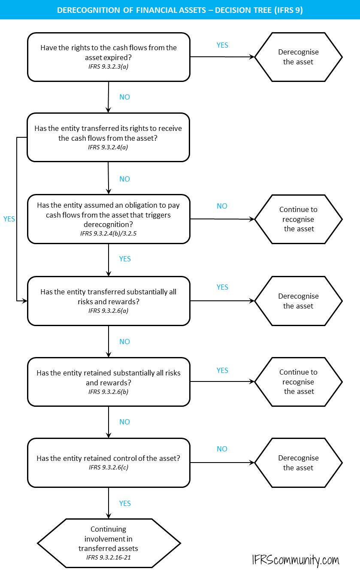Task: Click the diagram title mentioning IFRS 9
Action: pyautogui.click(x=180, y=10)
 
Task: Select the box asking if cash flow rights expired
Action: pyautogui.click(x=109, y=57)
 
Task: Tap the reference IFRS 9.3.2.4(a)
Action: pyautogui.click(x=108, y=147)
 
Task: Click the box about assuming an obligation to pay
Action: pyautogui.click(x=109, y=219)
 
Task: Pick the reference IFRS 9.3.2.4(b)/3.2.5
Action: pyautogui.click(x=108, y=234)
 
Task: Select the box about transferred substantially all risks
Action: pyautogui.click(x=109, y=300)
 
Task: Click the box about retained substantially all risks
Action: pyautogui.click(x=109, y=381)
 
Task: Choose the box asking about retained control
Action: pyautogui.click(x=109, y=462)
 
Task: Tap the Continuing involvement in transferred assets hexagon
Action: pyautogui.click(x=109, y=543)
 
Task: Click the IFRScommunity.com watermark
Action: pyautogui.click(x=296, y=560)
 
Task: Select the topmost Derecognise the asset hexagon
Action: pyautogui.click(x=298, y=57)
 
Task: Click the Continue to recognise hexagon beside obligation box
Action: pyautogui.click(x=298, y=219)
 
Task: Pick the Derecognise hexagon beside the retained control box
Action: pyautogui.click(x=298, y=463)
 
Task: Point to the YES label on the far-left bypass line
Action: pyautogui.click(x=9, y=219)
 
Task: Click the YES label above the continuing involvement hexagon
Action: pyautogui.click(x=125, y=503)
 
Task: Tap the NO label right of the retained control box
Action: pyautogui.click(x=222, y=449)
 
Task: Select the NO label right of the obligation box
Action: pyautogui.click(x=222, y=206)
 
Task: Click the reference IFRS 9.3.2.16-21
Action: pyautogui.click(x=108, y=557)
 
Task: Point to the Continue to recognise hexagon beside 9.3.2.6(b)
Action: pyautogui.click(x=298, y=382)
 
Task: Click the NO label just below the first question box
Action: pyautogui.click(x=124, y=97)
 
